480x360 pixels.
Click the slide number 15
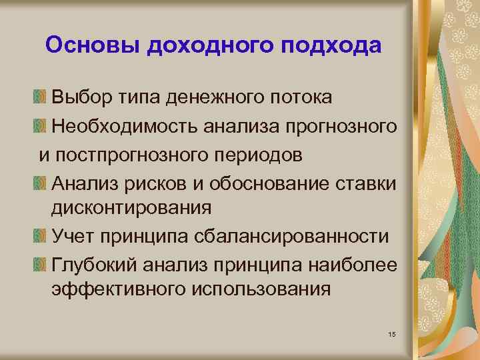[391, 333]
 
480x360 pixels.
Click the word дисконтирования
[131, 208]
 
